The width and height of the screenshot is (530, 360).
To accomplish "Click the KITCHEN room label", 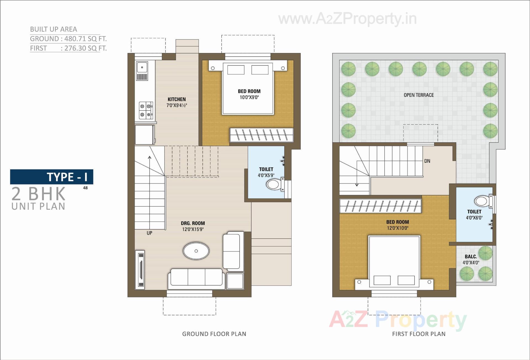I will (x=177, y=99).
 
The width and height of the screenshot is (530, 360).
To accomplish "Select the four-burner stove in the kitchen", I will (x=145, y=110).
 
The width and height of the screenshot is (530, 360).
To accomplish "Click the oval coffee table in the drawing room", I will (x=196, y=251).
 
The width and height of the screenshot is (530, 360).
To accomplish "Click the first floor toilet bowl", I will (x=482, y=201).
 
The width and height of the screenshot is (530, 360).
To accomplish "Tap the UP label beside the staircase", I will (x=149, y=233).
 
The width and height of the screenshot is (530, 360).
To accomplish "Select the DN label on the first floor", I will (x=427, y=161).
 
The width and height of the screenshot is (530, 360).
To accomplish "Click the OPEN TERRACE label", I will (x=418, y=95).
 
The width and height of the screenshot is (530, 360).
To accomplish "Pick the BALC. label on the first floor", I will (x=471, y=256).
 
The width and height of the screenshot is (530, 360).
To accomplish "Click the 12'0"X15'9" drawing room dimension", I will (x=193, y=229).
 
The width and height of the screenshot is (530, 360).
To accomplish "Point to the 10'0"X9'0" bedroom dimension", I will (x=249, y=97).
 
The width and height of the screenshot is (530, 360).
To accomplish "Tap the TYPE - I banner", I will (x=52, y=177).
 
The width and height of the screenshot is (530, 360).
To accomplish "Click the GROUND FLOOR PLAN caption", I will (x=214, y=334).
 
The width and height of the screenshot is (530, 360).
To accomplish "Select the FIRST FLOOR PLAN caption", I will (x=418, y=334).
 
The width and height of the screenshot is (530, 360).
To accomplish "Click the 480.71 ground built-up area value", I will (x=75, y=39).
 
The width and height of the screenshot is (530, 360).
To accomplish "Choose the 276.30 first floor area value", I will (x=75, y=48).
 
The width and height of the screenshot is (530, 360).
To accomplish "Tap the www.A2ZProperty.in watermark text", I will (x=347, y=19).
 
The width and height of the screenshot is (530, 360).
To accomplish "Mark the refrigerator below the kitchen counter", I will (x=145, y=135).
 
